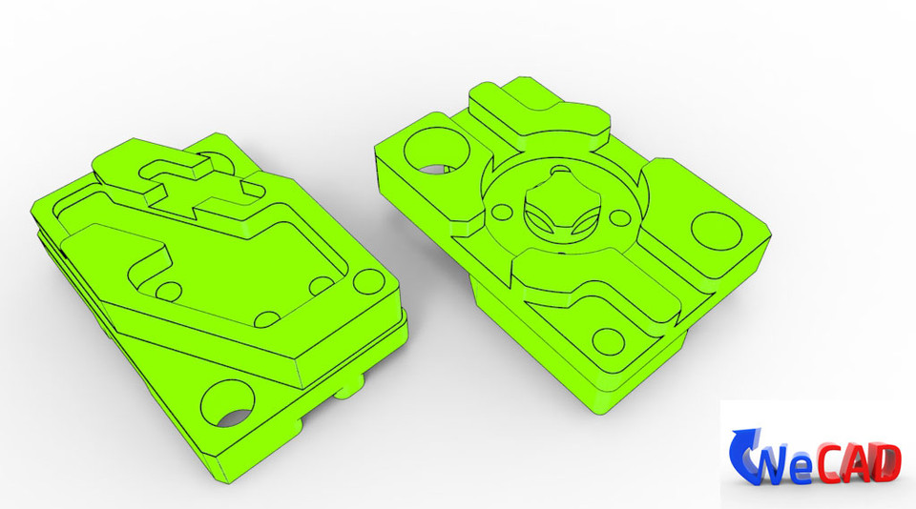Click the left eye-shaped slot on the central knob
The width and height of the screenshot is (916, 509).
coord(539,220)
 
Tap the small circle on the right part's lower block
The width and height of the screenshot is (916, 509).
coord(606,340)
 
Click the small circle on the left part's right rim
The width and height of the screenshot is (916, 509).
coord(364,284)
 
